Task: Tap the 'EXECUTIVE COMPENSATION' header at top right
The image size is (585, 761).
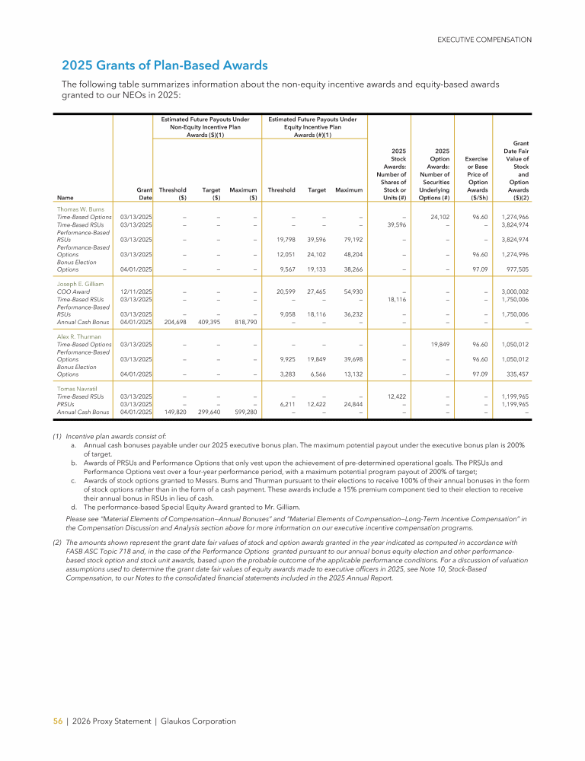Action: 484,40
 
